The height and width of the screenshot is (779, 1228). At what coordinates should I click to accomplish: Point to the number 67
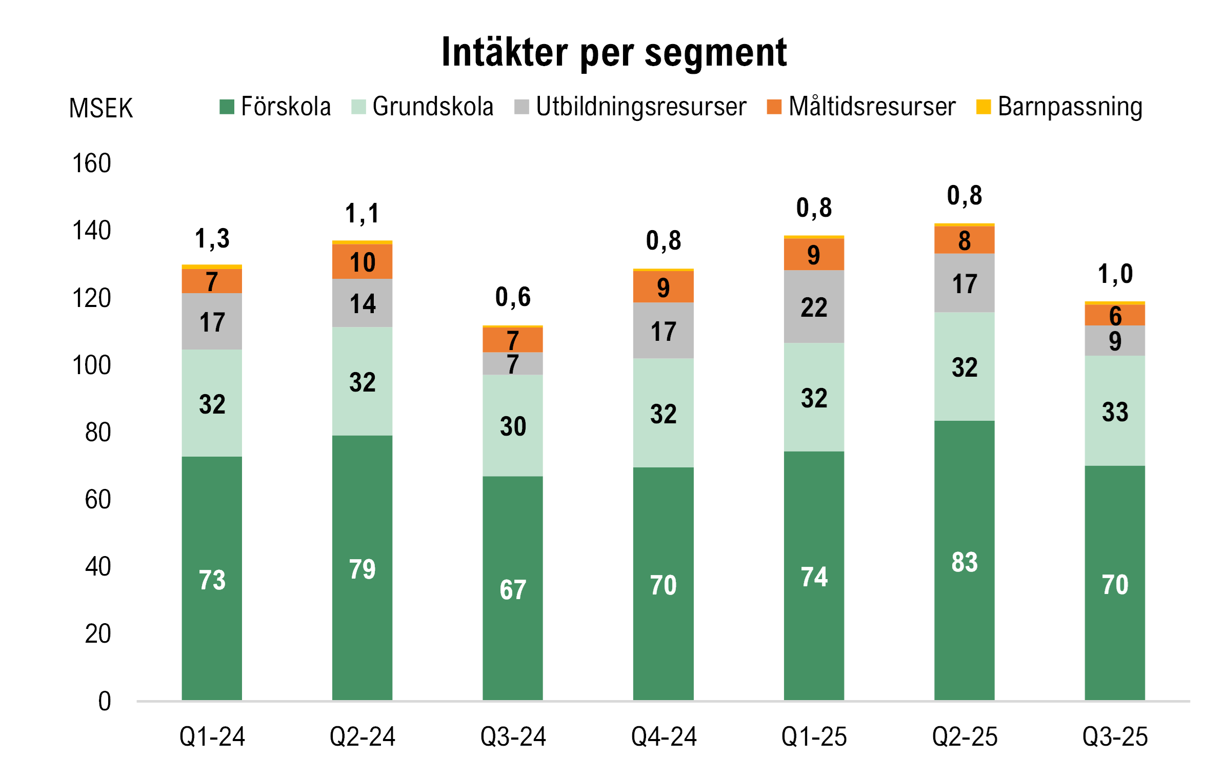513,589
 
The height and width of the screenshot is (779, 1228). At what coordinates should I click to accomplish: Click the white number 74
814,577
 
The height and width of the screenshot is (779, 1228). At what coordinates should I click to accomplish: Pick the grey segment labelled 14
363,303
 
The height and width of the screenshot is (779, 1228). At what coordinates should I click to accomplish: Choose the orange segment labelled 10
363,261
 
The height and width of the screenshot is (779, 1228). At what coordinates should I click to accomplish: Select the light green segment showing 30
513,425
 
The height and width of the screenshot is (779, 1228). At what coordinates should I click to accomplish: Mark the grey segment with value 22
814,306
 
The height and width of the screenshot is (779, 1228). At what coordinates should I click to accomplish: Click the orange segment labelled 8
964,240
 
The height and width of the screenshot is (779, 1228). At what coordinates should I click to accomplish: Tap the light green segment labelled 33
1115,411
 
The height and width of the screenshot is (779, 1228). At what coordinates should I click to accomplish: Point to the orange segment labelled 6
1115,315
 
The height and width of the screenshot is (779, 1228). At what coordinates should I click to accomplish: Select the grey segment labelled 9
1115,341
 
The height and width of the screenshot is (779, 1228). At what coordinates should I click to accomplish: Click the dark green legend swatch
227,107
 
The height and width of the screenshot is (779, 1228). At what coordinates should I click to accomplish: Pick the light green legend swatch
359,107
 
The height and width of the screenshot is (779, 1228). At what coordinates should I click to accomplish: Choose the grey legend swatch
522,107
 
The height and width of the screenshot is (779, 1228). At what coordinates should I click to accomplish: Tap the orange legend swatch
774,107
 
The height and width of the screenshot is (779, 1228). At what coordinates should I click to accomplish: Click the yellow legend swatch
984,107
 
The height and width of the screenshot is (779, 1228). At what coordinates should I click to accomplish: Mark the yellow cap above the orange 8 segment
964,224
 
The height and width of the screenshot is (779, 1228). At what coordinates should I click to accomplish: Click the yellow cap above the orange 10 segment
363,242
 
